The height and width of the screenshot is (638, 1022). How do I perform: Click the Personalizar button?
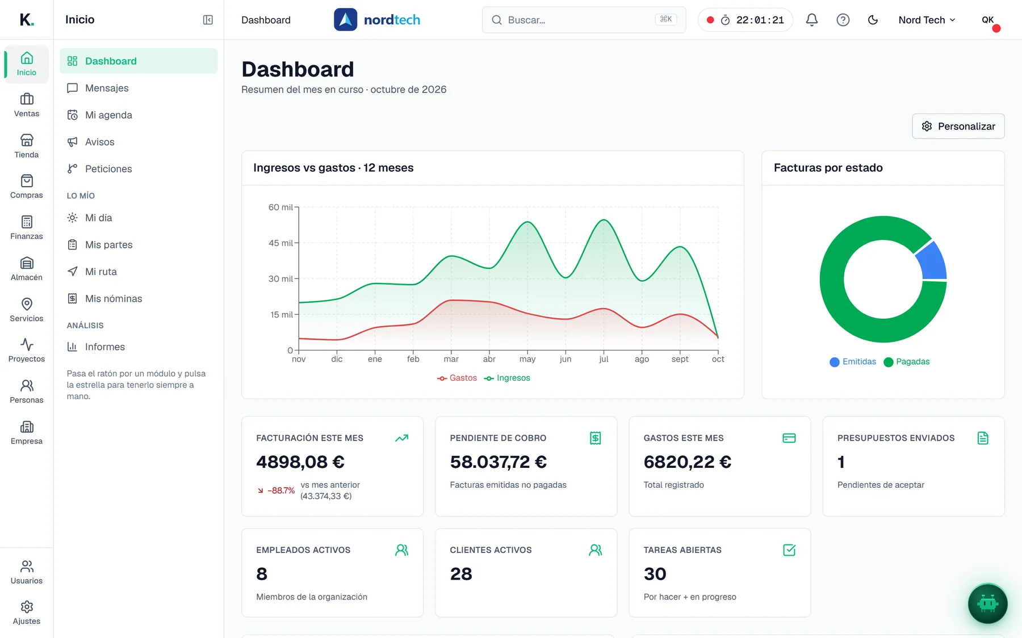click(958, 126)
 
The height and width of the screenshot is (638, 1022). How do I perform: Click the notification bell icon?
click(812, 20)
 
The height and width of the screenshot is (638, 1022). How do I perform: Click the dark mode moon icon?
click(873, 20)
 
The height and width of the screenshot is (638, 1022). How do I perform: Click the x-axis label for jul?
click(604, 359)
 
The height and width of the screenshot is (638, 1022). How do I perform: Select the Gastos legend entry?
click(457, 378)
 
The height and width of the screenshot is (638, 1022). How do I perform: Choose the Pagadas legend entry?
click(907, 362)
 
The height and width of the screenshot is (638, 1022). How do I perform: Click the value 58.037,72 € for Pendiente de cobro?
click(499, 462)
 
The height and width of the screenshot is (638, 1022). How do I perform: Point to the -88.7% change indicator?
click(277, 491)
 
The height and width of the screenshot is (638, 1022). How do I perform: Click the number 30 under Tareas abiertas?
click(655, 574)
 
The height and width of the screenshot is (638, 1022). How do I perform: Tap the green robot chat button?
click(987, 603)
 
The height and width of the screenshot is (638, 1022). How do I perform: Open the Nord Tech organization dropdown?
click(927, 20)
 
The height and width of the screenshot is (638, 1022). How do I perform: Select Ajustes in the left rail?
click(27, 613)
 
